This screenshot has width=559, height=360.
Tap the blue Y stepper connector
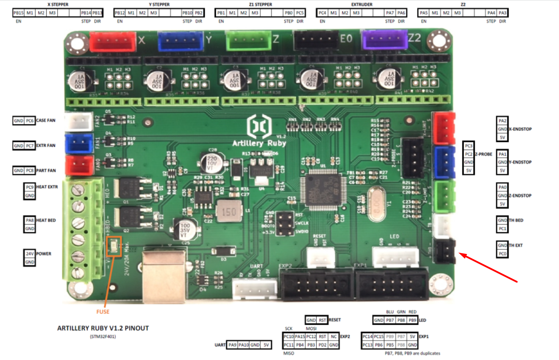pos(181,42)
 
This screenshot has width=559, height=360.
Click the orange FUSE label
pos(103,312)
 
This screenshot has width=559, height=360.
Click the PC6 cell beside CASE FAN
pos(29,120)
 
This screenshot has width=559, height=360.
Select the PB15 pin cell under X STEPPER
pos(18,13)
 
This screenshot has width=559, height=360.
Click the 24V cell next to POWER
pos(30,254)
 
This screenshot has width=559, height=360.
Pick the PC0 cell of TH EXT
pos(502,254)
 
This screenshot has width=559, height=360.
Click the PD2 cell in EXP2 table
pos(323,345)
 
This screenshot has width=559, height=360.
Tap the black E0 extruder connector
pos(311,40)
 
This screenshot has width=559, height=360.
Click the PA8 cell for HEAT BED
pos(30,220)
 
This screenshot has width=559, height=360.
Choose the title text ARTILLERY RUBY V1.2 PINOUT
pos(103,328)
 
